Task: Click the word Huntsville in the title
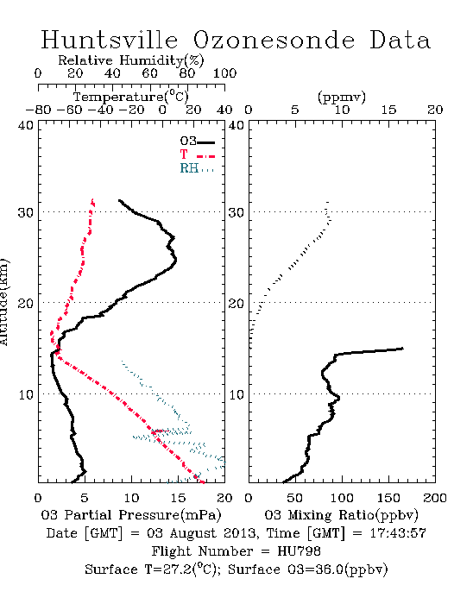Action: point(110,40)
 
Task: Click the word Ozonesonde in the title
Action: point(274,40)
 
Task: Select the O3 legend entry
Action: point(197,142)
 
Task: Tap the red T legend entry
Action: point(197,155)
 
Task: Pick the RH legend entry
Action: point(197,169)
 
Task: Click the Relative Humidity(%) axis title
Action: point(131,60)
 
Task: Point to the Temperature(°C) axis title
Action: point(131,97)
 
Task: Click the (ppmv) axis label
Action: point(342,97)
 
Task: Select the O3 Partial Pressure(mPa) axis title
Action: point(131,514)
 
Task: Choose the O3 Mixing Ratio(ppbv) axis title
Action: point(341,514)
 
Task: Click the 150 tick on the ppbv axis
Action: point(388,498)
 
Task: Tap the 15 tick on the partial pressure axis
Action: point(178,498)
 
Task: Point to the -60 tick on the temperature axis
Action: point(70,110)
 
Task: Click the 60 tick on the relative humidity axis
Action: point(149,73)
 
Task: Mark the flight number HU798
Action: point(299,551)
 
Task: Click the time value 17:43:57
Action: point(398,533)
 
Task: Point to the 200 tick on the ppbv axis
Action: point(435,498)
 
